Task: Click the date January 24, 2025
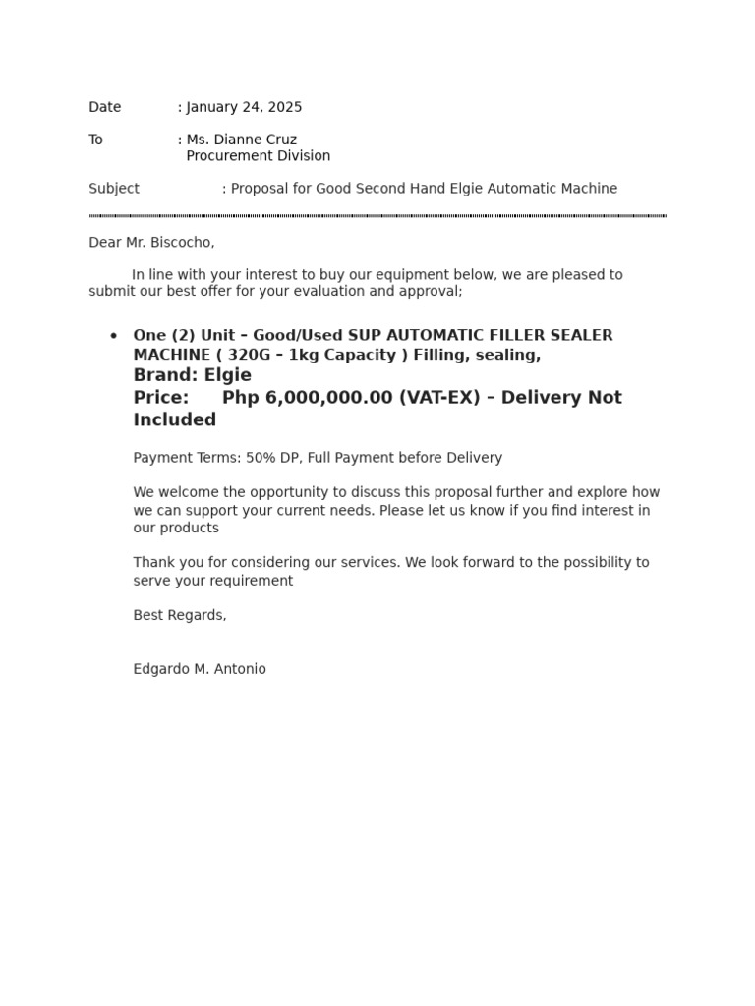tap(244, 107)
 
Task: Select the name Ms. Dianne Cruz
tap(241, 140)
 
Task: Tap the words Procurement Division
tap(258, 156)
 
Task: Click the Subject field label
tap(114, 189)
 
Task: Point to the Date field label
tap(105, 107)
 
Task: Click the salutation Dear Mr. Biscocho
tap(151, 242)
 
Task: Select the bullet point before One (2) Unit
tap(113, 336)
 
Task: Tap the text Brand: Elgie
tap(193, 375)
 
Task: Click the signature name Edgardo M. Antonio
tap(200, 669)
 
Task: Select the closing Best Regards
tap(180, 615)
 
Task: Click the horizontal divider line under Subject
tap(377, 215)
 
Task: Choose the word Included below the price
tap(175, 420)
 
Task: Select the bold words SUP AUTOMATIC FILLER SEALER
tap(481, 336)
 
